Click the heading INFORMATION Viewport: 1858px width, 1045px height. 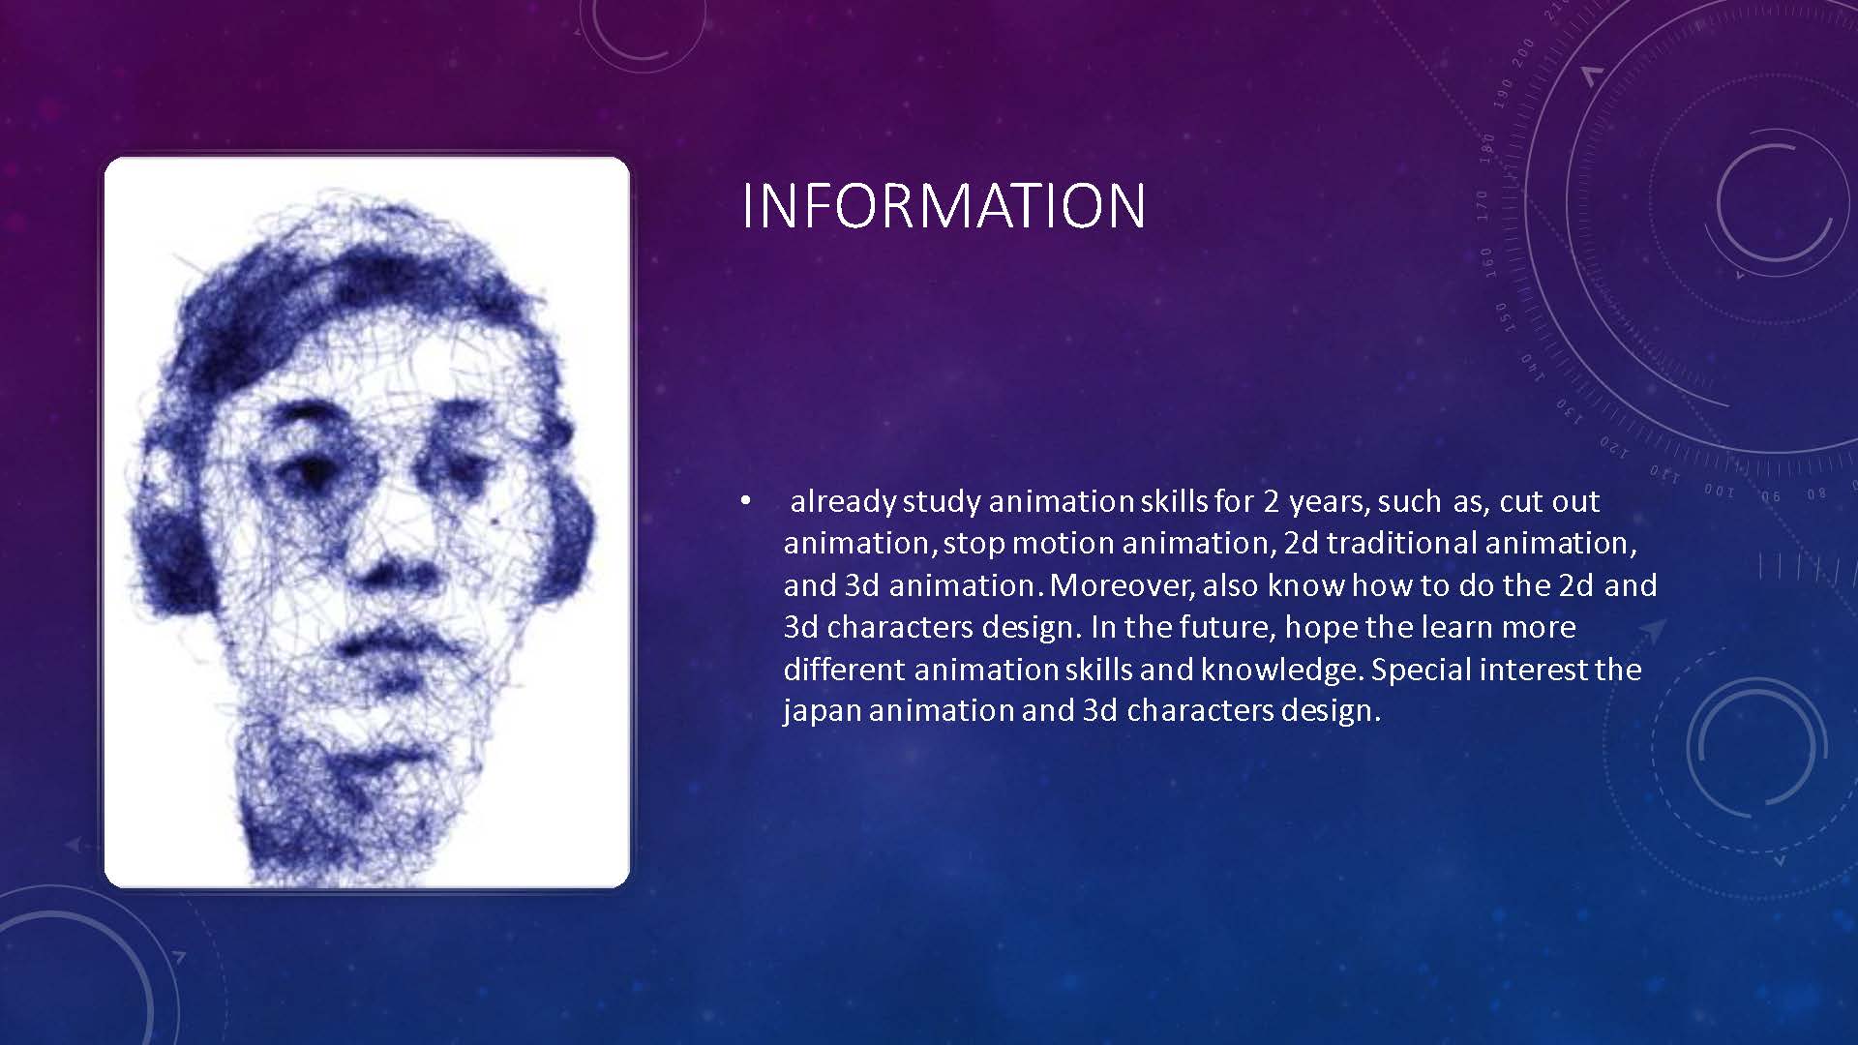pos(944,205)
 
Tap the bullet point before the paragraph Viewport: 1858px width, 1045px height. pos(744,501)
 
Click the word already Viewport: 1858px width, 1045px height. pos(843,502)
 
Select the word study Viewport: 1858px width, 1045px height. pos(942,502)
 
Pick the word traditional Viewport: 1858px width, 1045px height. pos(1401,543)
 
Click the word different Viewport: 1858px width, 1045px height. pos(845,669)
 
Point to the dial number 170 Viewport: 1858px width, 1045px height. pos(1483,204)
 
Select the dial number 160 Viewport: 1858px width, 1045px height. pos(1487,262)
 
